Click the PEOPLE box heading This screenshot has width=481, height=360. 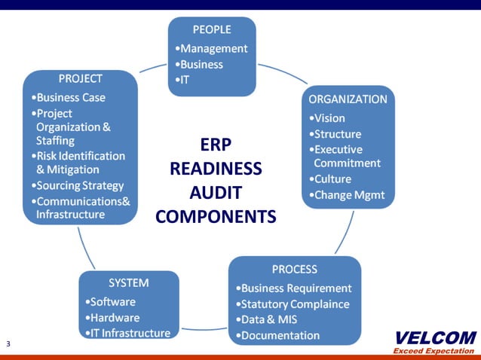pos(212,30)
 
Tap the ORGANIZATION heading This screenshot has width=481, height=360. pos(348,99)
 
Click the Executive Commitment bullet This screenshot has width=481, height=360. pos(345,156)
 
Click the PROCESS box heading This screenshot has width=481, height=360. pos(294,269)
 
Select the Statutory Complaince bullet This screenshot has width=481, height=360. pos(293,304)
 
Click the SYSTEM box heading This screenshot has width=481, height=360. pos(129,283)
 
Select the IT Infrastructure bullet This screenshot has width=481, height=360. pos(127,332)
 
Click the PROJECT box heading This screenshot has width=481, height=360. pos(81,78)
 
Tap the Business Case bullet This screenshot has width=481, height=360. pos(69,97)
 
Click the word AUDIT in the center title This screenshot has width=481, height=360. pos(216,192)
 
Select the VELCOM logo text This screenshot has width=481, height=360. pos(435,337)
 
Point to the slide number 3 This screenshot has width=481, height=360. pos(8,344)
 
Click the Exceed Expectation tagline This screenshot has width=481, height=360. pos(434,351)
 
